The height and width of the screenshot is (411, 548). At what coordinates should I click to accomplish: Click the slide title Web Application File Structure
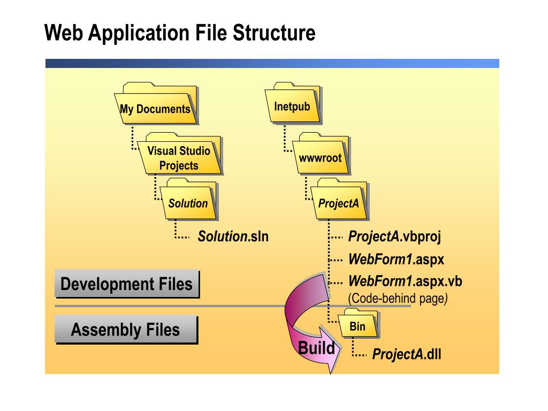180,33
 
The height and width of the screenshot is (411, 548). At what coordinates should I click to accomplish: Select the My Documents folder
155,106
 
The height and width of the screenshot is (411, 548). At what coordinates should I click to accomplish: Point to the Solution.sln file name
233,236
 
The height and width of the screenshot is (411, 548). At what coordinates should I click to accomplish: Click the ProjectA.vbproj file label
394,236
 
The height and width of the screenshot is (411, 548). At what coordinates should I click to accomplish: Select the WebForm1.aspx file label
396,260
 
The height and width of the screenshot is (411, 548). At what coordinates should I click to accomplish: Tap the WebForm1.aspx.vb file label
405,281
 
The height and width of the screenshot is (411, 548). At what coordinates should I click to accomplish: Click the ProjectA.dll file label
406,354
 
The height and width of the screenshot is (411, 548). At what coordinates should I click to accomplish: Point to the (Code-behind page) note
398,299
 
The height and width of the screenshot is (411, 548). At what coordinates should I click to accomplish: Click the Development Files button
126,284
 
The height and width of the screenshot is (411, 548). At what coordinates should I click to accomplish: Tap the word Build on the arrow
316,348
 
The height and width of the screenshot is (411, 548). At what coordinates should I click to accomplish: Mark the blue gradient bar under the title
272,63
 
